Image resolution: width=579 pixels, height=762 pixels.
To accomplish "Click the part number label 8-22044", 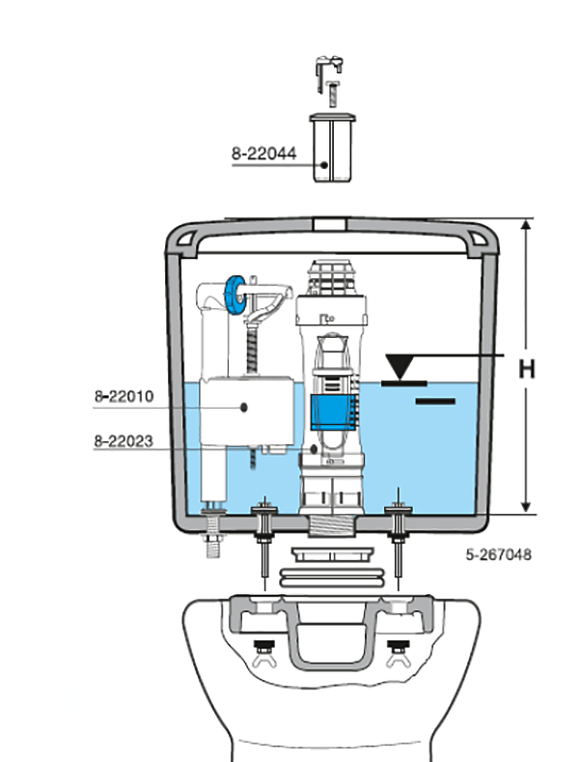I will (263, 152).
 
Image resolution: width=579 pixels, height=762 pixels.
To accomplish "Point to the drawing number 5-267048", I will (498, 555).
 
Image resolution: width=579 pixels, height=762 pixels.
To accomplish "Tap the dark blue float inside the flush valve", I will (331, 414).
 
